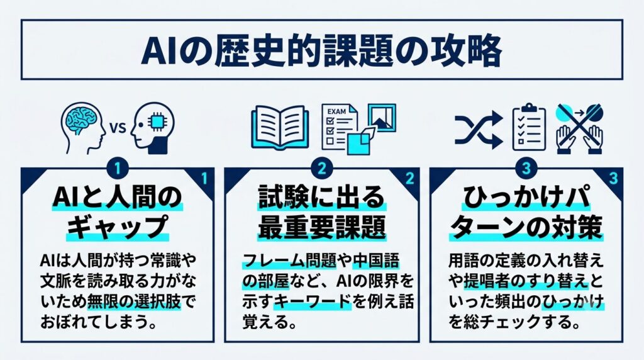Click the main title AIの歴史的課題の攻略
coord(321,51)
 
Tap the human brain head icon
coord(82,128)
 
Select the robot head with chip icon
coord(153,128)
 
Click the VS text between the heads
coord(118,128)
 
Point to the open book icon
coord(280,127)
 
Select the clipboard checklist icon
coord(529,127)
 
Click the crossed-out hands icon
coord(579,128)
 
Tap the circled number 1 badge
coord(118,169)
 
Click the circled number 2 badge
coord(321,169)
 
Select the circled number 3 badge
coord(526,169)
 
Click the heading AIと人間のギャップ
coord(118,213)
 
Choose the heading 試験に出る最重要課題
coord(321,213)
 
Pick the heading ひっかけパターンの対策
coord(526,213)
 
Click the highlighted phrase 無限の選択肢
coord(134,303)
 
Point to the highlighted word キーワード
coord(312,303)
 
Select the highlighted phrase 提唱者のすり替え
coord(526,281)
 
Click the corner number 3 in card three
coord(613,178)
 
